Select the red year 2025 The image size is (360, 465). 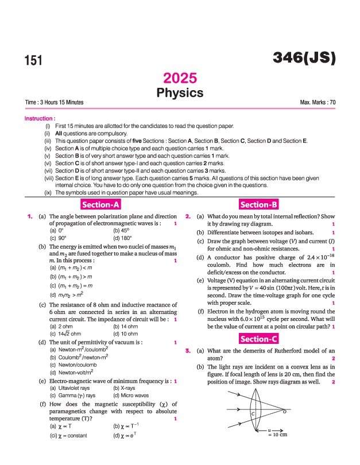click(180, 79)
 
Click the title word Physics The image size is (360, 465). click(180, 92)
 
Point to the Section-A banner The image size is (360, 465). click(100, 205)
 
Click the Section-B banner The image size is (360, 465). click(260, 205)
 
